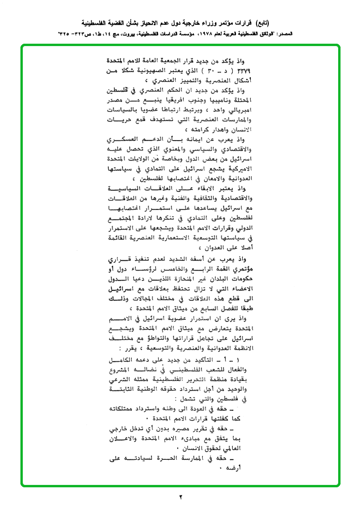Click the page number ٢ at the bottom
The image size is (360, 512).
[x=180, y=497]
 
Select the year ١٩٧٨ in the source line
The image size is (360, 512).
[x=196, y=34]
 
